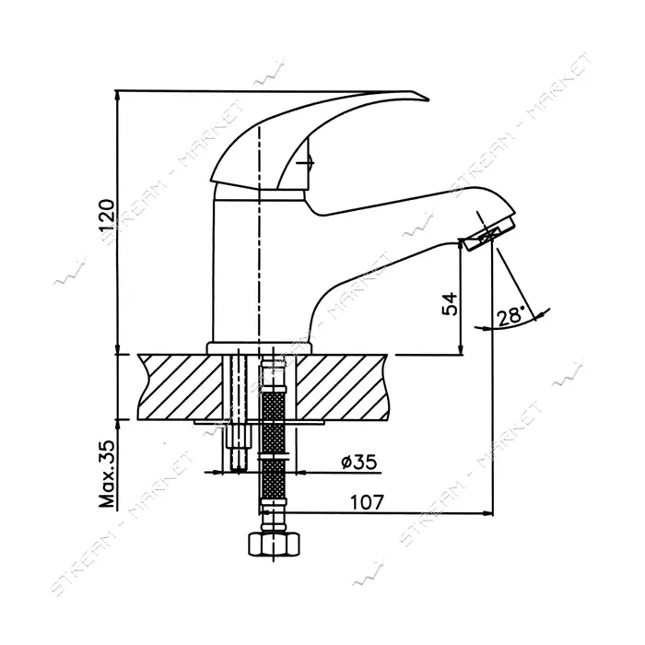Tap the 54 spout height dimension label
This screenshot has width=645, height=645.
(450, 304)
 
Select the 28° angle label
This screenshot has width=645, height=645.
(510, 317)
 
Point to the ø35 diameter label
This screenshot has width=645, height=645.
(358, 462)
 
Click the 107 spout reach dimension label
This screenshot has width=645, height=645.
(367, 502)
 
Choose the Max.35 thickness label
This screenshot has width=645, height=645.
(107, 474)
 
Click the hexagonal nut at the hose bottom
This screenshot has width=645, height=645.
(274, 545)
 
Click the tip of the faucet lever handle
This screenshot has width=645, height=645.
(428, 100)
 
